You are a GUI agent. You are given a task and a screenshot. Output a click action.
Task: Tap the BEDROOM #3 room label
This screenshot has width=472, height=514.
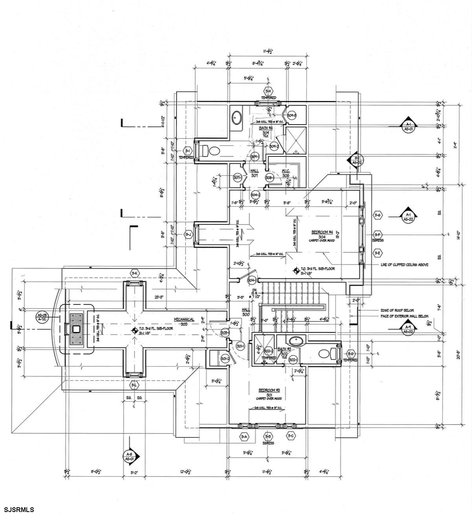coord(269,390)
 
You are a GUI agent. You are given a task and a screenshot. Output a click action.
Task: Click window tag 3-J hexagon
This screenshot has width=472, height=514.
coord(187,234)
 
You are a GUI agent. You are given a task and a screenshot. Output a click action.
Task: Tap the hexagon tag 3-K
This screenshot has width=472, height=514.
coord(135,273)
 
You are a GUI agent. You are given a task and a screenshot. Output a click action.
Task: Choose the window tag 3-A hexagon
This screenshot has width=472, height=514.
coord(244,436)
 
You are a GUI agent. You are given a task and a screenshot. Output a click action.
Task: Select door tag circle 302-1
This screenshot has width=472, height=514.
coord(292,359)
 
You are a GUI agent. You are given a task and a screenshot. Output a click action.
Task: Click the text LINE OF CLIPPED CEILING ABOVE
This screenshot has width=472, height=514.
coord(404,264)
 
